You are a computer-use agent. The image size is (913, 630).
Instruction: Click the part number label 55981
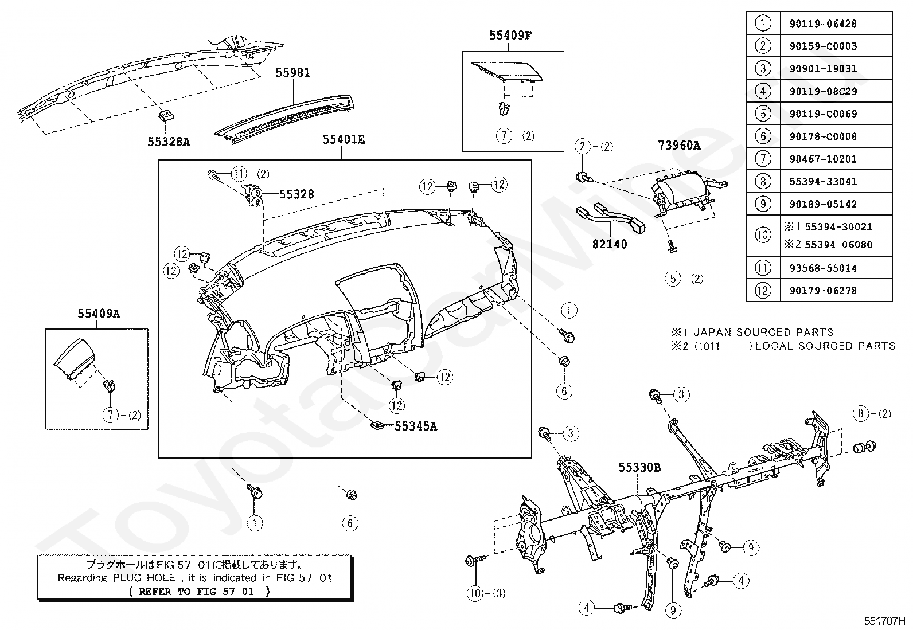point(292,73)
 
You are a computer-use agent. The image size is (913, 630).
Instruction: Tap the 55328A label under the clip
point(169,142)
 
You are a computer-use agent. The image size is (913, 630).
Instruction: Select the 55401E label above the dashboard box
point(344,139)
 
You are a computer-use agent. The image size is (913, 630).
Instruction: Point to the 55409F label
point(510,36)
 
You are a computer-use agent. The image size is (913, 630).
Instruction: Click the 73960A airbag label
point(679,146)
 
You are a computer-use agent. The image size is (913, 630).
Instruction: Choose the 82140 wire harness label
point(610,244)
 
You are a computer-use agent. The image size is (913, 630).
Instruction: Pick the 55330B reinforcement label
point(639,467)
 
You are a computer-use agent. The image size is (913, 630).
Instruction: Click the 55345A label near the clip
point(416,426)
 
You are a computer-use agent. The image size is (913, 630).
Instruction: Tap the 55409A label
point(99,314)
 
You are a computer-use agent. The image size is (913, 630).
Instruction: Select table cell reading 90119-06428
point(823,24)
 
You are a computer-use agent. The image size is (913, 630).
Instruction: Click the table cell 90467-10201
point(823,159)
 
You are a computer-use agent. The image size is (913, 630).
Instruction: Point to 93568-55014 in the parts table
point(823,268)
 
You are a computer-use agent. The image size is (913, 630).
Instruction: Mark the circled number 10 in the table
point(763,235)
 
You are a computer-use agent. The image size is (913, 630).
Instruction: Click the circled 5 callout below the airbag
point(673,279)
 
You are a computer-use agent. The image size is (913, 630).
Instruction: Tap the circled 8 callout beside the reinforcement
point(860,414)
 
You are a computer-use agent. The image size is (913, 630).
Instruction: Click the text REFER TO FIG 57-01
point(197,592)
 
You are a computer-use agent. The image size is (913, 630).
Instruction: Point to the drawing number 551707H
point(884,621)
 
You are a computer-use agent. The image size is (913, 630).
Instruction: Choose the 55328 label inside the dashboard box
point(296,194)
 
